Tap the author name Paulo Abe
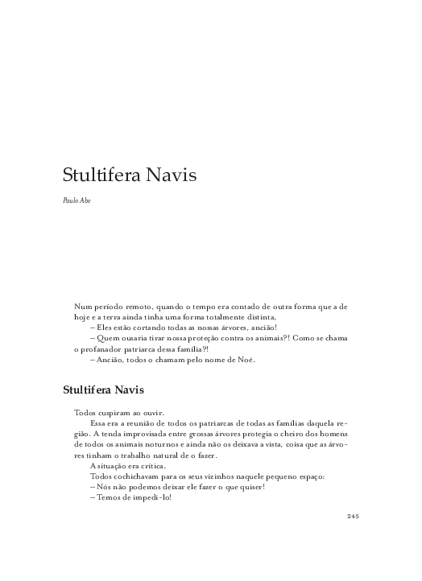point(77,200)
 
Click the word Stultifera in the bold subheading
point(88,390)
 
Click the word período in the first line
point(114,307)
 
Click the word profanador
point(105,349)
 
